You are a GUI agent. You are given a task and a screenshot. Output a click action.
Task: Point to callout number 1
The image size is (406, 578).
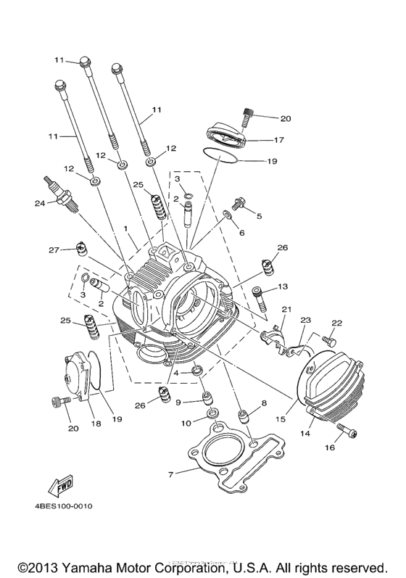click(125, 228)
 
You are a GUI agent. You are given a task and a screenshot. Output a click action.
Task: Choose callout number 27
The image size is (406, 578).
click(54, 250)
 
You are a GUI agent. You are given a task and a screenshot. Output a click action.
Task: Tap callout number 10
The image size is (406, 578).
click(186, 422)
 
